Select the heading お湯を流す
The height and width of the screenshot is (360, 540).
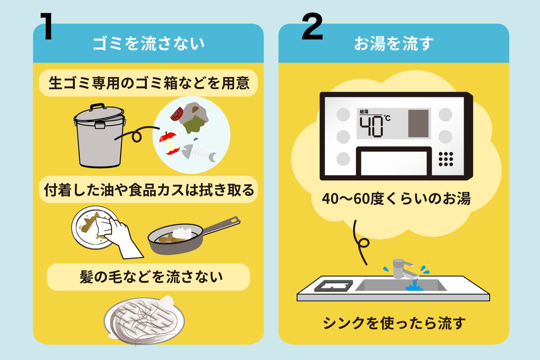pyautogui.click(x=394, y=44)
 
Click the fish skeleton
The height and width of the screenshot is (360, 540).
pyautogui.click(x=199, y=153)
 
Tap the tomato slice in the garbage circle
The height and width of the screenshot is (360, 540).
pyautogui.click(x=177, y=113)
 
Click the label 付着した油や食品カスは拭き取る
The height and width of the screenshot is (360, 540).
pyautogui.click(x=149, y=190)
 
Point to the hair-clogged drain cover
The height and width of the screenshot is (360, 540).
pyautogui.click(x=144, y=319)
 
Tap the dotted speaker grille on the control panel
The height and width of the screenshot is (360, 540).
pyautogui.click(x=446, y=159)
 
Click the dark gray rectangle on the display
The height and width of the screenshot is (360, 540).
pyautogui.click(x=418, y=124)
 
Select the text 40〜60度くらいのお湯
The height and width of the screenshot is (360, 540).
pyautogui.click(x=396, y=198)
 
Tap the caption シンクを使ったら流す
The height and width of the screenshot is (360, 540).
pyautogui.click(x=394, y=324)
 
